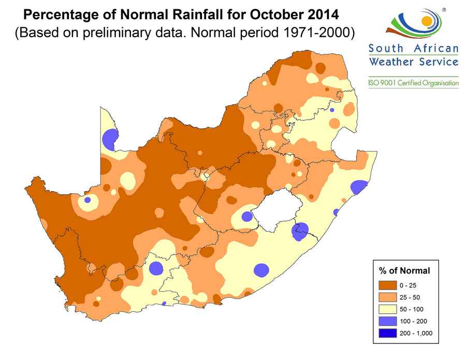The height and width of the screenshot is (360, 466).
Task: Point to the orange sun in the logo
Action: pos(426,21)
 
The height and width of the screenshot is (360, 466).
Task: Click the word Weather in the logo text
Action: pos(389,62)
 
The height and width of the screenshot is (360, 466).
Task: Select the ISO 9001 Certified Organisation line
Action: pos(413,83)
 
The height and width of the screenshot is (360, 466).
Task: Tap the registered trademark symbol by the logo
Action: pos(443,9)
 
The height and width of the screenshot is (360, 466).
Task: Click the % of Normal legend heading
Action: pos(404,270)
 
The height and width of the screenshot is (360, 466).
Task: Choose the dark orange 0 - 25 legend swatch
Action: pos(387,285)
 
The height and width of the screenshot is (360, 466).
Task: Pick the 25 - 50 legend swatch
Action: pos(387,297)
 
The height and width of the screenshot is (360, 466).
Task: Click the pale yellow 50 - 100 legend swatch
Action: pos(387,309)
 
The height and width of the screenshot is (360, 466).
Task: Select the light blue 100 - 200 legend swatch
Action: pos(387,321)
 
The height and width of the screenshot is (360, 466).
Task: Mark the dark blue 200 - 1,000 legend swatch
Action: pos(387,333)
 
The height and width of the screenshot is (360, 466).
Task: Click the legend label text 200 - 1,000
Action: pos(415,333)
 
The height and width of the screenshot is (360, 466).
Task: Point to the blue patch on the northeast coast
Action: pos(358,187)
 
